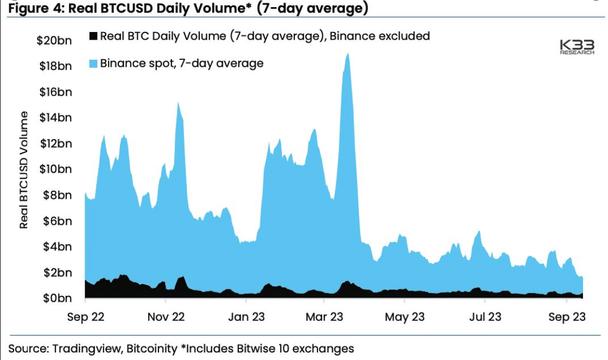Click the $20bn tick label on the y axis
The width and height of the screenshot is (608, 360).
click(x=54, y=40)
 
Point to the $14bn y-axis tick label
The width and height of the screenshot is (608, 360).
click(x=55, y=117)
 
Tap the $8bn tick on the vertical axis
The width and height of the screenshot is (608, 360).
click(x=58, y=195)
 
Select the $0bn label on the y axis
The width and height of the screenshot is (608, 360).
click(x=58, y=298)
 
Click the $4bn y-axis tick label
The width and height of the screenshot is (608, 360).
click(x=58, y=247)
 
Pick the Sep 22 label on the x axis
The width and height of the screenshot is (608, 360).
click(x=86, y=317)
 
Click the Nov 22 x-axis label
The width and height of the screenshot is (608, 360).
click(x=166, y=317)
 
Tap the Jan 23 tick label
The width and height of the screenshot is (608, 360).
click(x=246, y=317)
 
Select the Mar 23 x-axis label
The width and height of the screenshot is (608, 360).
click(x=324, y=317)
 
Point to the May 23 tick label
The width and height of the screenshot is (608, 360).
click(x=404, y=317)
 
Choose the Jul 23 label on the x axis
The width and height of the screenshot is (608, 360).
click(x=485, y=317)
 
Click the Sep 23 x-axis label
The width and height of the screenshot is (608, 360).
click(x=567, y=317)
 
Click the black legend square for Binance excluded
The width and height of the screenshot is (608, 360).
click(x=93, y=36)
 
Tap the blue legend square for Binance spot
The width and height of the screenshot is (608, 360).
click(x=93, y=64)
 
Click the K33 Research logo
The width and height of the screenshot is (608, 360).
click(x=577, y=47)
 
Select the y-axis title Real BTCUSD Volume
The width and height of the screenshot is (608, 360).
click(x=24, y=170)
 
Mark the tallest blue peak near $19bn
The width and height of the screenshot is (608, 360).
click(x=348, y=54)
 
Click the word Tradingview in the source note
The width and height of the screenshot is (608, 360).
click(x=86, y=349)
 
